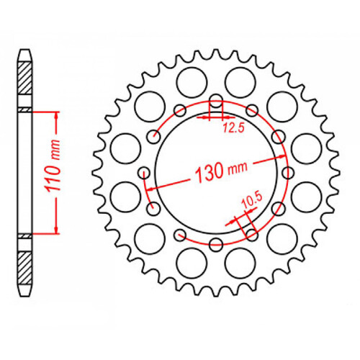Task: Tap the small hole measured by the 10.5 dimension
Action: click(x=252, y=234)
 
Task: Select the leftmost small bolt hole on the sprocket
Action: click(x=143, y=172)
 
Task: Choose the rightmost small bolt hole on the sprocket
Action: click(x=289, y=172)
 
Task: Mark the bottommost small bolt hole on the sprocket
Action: click(x=217, y=246)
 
